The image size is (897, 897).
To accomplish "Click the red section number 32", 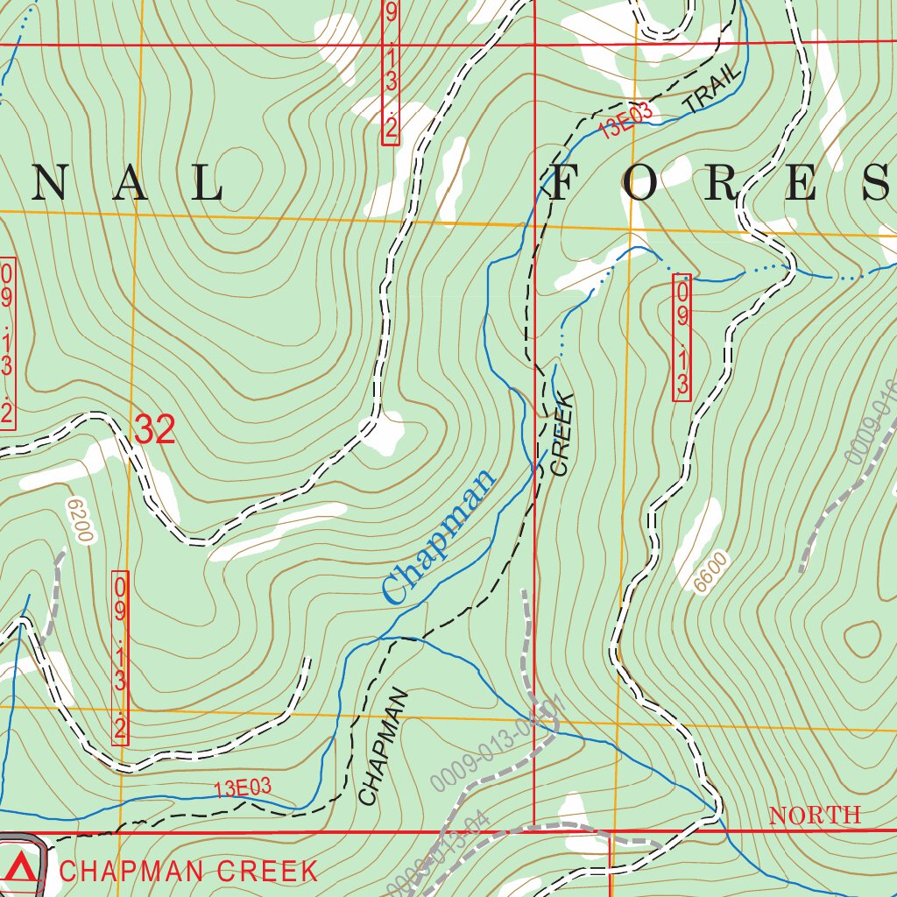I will pyautogui.click(x=155, y=430).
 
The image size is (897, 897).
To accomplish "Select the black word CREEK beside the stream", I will pyautogui.click(x=561, y=434).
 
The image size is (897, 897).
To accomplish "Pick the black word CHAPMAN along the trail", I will pyautogui.click(x=384, y=746).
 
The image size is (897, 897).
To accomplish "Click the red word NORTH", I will pyautogui.click(x=815, y=816).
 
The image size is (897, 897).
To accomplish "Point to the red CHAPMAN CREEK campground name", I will pyautogui.click(x=188, y=871).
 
